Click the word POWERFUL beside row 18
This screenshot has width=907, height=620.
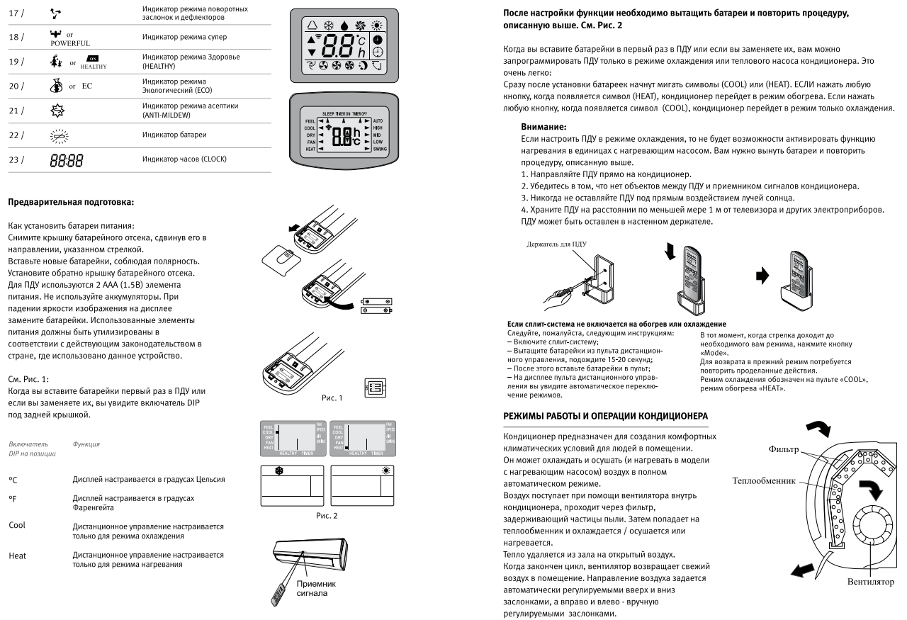pyautogui.click(x=67, y=43)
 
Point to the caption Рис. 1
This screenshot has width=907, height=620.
pyautogui.click(x=330, y=398)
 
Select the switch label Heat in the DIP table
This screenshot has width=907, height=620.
pyautogui.click(x=18, y=556)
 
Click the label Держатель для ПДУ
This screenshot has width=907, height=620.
pyautogui.click(x=558, y=244)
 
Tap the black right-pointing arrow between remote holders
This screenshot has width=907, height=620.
pyautogui.click(x=762, y=278)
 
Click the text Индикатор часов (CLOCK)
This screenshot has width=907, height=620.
pyautogui.click(x=184, y=159)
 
